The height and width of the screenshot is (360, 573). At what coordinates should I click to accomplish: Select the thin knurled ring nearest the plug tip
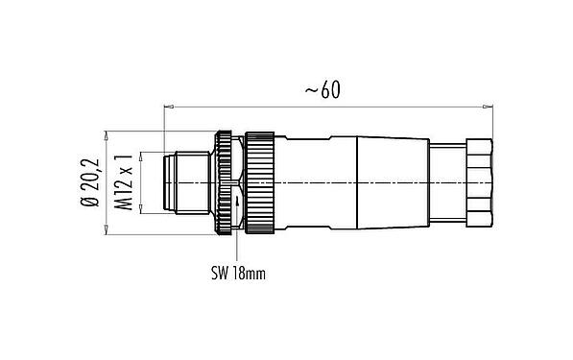point(224,181)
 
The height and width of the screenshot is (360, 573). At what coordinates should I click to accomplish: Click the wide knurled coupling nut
point(261,181)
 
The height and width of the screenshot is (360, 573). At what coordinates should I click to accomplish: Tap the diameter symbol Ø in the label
point(92,204)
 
